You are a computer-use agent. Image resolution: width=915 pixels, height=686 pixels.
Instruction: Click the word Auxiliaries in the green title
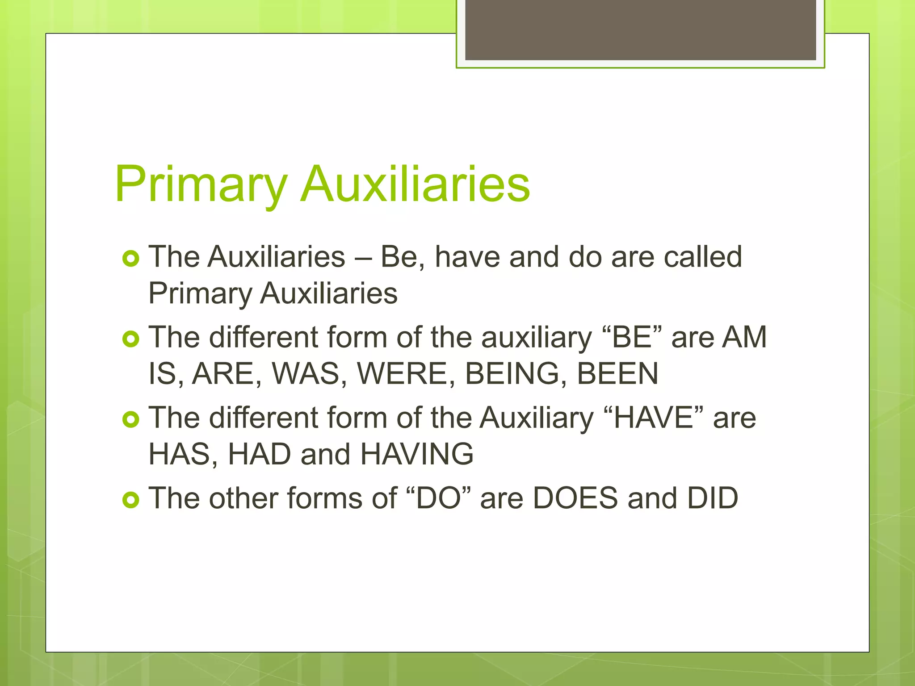(416, 184)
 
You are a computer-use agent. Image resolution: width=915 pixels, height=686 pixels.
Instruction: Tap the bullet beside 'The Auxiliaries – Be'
(131, 259)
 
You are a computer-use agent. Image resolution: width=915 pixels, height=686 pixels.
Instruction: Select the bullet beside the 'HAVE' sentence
(131, 419)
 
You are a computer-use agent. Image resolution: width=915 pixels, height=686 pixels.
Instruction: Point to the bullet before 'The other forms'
(131, 500)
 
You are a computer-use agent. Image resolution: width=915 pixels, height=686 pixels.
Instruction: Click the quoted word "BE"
(632, 337)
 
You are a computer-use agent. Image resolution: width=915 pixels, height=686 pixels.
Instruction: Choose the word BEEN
(617, 374)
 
